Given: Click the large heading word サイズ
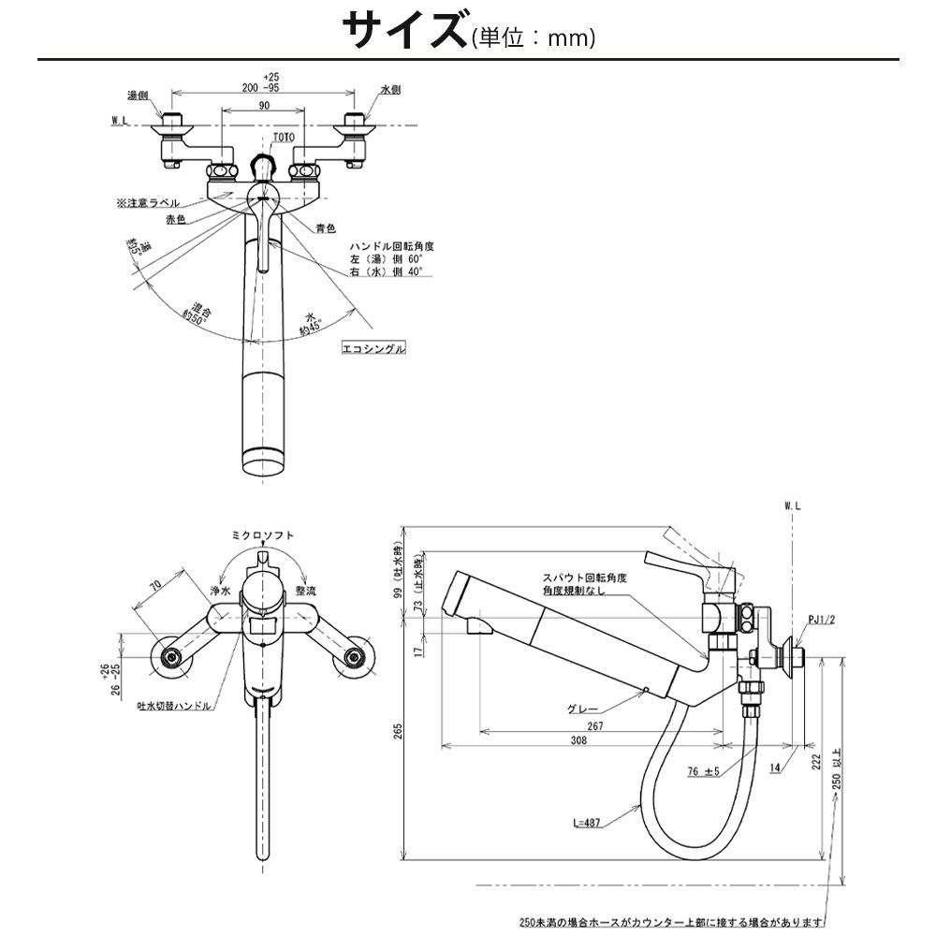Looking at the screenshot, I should (403, 31).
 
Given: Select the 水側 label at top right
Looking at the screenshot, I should (390, 90).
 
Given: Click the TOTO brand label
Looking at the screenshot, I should (283, 138).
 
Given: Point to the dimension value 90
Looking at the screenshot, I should (264, 107).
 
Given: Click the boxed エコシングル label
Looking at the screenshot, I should (373, 348).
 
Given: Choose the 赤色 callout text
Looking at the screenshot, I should (177, 219).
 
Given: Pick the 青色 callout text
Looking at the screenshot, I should (326, 227).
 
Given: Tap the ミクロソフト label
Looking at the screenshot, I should (263, 534).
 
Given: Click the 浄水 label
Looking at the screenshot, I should (220, 592).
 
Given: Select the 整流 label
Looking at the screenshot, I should (306, 592).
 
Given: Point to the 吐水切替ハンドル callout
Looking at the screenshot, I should (174, 706).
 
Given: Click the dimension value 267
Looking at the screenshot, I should (595, 725).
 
